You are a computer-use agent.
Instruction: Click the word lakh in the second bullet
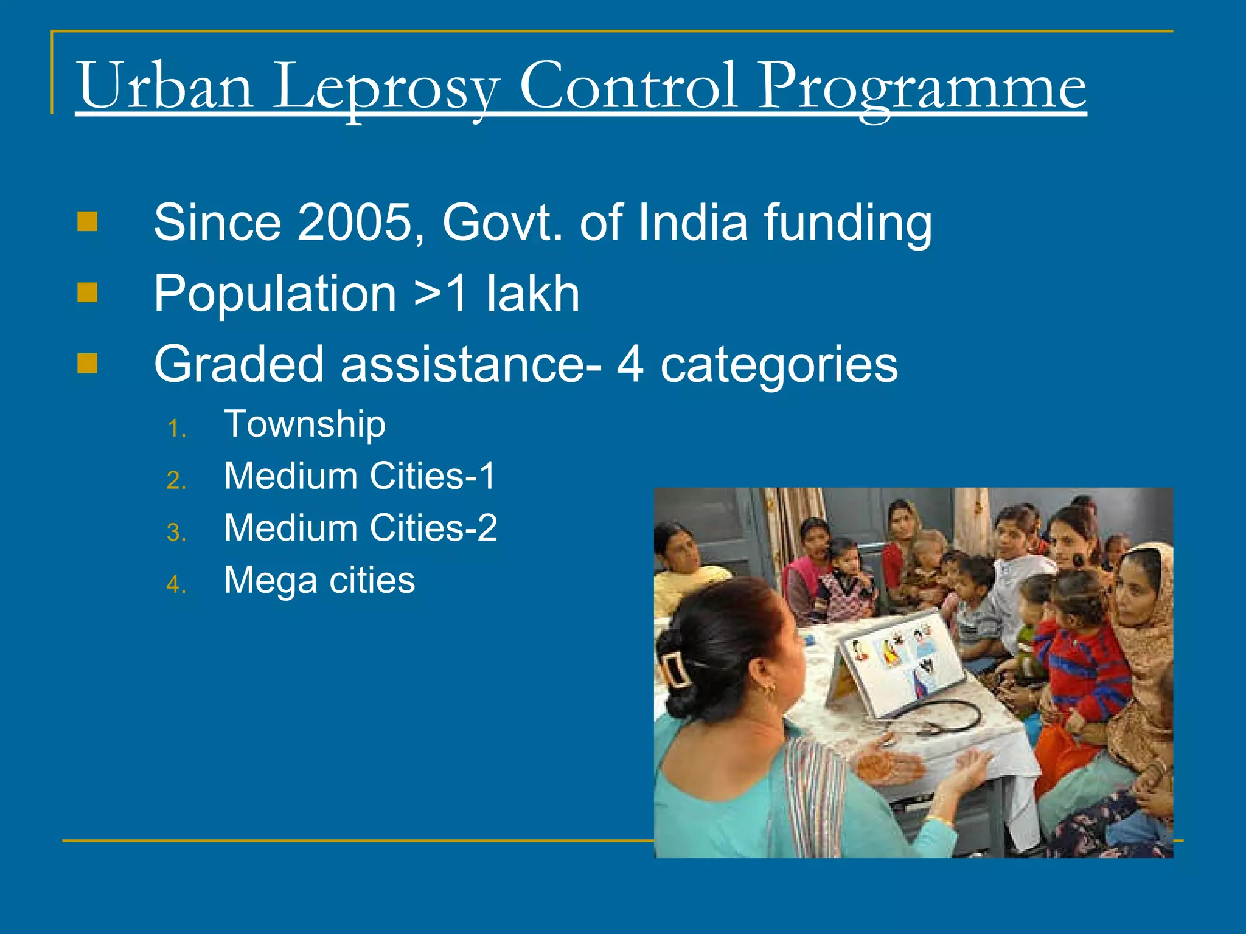[532, 294]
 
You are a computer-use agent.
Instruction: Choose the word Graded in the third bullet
[238, 364]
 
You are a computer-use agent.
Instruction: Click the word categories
[779, 365]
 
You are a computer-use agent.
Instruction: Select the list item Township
[305, 424]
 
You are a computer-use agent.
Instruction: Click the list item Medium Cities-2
[360, 528]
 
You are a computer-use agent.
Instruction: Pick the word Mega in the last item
[271, 581]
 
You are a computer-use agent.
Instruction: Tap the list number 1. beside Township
[176, 429]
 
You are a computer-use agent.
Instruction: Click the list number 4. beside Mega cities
[176, 585]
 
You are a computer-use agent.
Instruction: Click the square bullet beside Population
[88, 293]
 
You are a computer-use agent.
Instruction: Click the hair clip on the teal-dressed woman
[676, 669]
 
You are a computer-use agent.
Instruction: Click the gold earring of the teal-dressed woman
[771, 690]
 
